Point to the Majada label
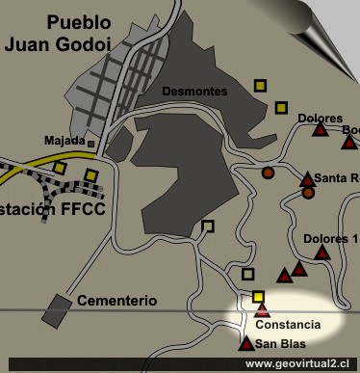[x=64, y=141]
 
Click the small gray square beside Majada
[x=91, y=144]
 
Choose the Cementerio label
[x=117, y=301]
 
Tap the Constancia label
[x=287, y=325]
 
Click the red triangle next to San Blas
[x=247, y=343]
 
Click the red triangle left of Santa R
[x=307, y=178]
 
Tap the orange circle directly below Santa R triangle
[x=308, y=193]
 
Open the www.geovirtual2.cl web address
[x=299, y=364]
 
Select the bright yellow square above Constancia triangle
[x=258, y=296]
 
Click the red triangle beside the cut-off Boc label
[x=348, y=143]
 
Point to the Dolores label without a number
[x=321, y=119]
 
